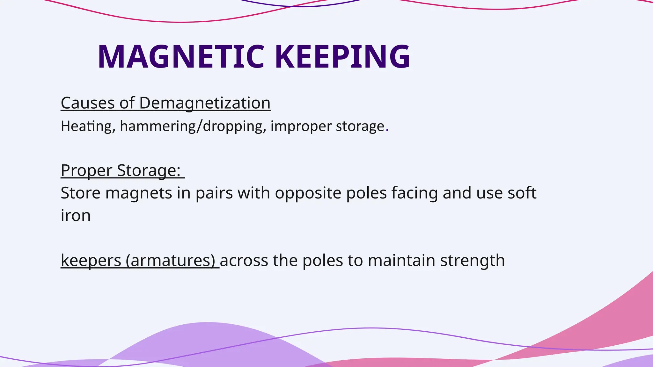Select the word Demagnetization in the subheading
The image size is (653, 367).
205,103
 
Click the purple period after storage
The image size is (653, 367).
387,130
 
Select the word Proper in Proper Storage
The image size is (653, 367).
86,170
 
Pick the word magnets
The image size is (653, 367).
139,193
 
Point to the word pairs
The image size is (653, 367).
214,193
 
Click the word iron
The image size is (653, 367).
76,216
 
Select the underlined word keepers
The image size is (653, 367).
91,261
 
